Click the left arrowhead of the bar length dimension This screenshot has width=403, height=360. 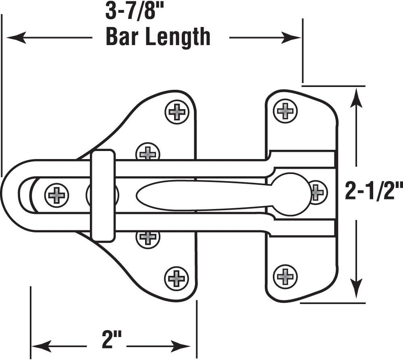tap(14, 38)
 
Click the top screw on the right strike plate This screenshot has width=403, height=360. tap(285, 111)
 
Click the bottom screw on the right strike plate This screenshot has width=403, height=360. tap(285, 276)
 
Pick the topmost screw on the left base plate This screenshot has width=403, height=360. tap(177, 112)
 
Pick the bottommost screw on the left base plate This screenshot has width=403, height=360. tap(177, 278)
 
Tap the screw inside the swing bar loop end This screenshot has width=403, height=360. tap(56, 195)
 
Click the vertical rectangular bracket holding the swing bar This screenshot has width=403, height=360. tap(102, 195)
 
